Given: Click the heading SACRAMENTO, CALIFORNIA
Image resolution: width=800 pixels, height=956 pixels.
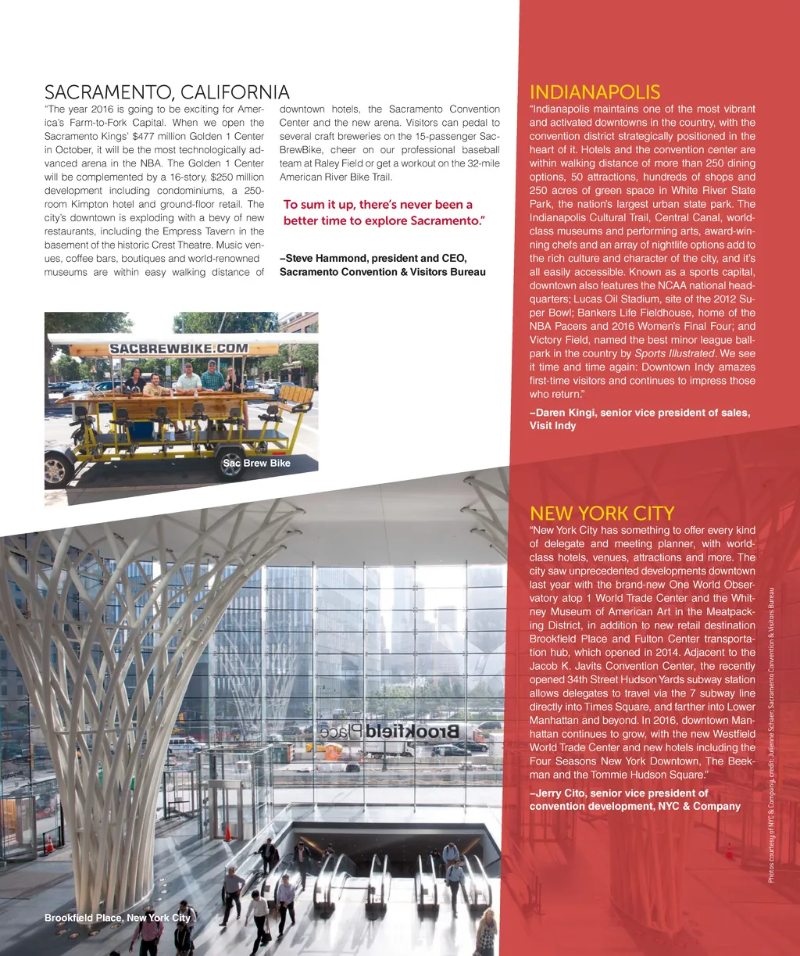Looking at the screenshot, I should tap(167, 93).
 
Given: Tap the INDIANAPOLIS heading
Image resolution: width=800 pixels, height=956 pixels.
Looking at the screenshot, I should tap(595, 92).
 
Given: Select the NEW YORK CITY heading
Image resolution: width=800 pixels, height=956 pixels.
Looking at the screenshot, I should tap(602, 514).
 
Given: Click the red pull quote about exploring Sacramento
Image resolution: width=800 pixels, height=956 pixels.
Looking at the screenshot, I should tap(384, 213).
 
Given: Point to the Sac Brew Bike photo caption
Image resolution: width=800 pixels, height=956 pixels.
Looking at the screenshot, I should tap(256, 464).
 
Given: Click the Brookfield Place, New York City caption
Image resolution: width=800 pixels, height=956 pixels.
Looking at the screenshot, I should tap(117, 917).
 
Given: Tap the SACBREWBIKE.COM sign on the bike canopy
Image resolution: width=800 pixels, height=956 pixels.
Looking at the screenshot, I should tap(178, 348).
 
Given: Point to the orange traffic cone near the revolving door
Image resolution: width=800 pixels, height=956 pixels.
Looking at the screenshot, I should tap(227, 832).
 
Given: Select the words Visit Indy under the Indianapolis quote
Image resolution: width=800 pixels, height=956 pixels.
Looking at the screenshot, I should tap(552, 426).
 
